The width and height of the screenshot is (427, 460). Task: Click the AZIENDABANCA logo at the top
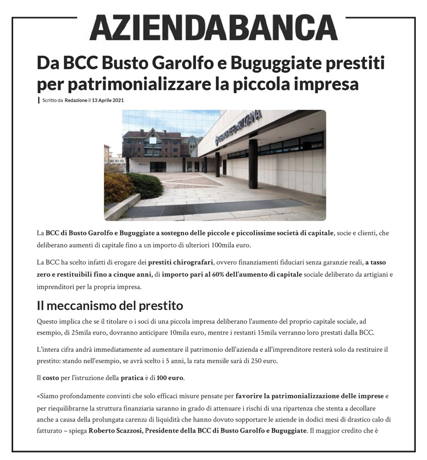pyautogui.click(x=213, y=27)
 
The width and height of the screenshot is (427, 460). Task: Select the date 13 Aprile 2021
pyautogui.click(x=108, y=100)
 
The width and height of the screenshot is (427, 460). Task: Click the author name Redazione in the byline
pyautogui.click(x=75, y=100)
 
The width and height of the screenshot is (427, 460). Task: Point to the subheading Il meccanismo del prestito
pyautogui.click(x=110, y=306)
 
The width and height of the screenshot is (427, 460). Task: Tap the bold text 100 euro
pyautogui.click(x=170, y=377)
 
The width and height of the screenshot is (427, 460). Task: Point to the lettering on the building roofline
pyautogui.click(x=238, y=126)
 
